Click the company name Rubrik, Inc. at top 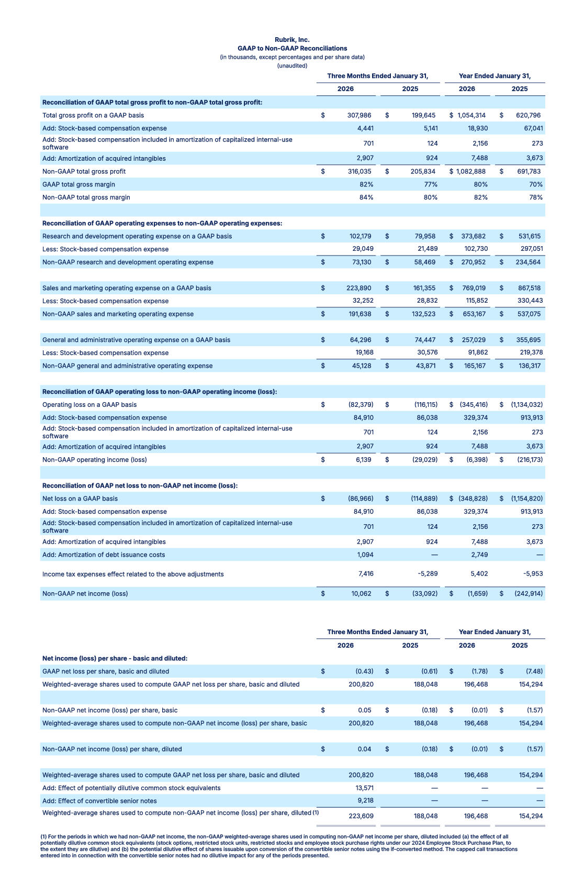pyautogui.click(x=292, y=40)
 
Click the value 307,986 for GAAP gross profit pyautogui.click(x=359, y=115)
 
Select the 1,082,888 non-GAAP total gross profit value pyautogui.click(x=471, y=171)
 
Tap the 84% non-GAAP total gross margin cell pyautogui.click(x=366, y=197)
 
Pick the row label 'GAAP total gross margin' pyautogui.click(x=78, y=184)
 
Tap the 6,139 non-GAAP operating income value pyautogui.click(x=363, y=460)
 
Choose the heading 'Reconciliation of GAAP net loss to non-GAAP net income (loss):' pyautogui.click(x=140, y=485)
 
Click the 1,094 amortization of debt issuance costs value pyautogui.click(x=365, y=555)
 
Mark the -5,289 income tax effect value pyautogui.click(x=428, y=574)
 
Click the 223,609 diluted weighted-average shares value pyautogui.click(x=361, y=816)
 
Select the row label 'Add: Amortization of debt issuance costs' pyautogui.click(x=104, y=555)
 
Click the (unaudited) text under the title pyautogui.click(x=292, y=65)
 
